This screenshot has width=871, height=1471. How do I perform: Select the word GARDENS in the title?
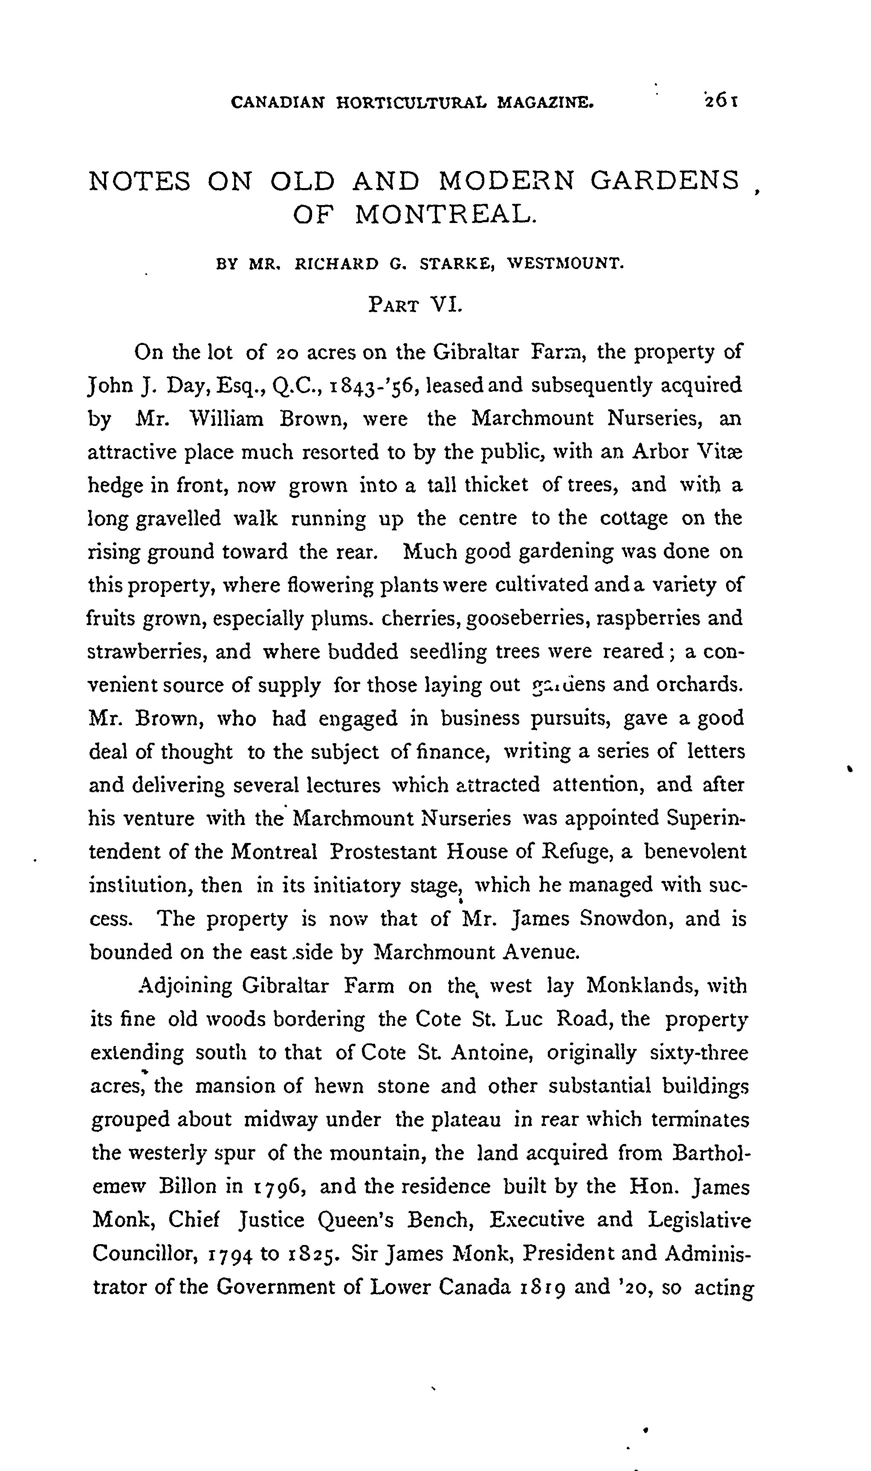pyautogui.click(x=665, y=181)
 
